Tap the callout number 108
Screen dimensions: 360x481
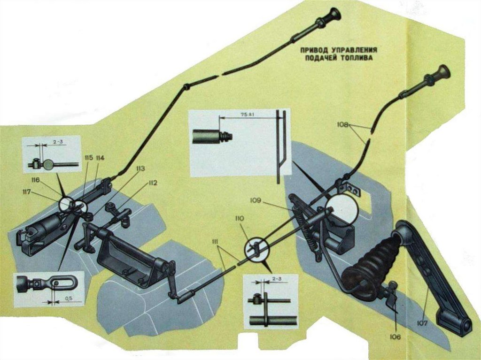click(343, 124)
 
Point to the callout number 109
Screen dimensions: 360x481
click(269, 203)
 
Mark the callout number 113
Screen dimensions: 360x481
click(140, 168)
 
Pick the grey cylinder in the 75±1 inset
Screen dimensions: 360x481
click(205, 138)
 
